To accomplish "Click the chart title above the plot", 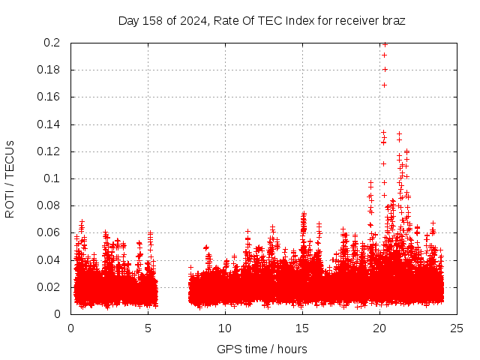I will (262, 20).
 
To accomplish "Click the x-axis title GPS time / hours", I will (262, 349).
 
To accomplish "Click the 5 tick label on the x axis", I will (148, 328).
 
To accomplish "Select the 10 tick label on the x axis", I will (225, 328).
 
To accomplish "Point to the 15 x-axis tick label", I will (302, 328).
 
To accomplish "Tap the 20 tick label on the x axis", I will (379, 328).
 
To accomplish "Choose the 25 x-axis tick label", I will (457, 328).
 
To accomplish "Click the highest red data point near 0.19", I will (385, 55).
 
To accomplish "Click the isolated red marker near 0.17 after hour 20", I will (384, 85).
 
